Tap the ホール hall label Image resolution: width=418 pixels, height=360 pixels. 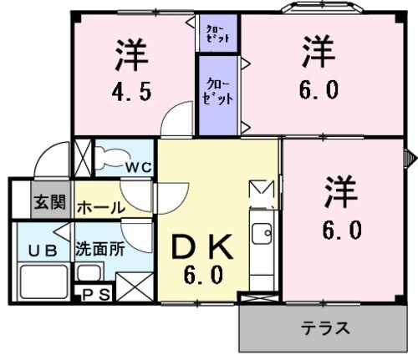(100, 208)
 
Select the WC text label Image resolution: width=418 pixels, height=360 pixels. (138, 167)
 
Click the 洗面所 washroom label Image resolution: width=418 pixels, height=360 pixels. (99, 248)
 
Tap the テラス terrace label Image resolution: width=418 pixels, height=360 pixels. (324, 327)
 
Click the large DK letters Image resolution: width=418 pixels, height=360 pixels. (200, 247)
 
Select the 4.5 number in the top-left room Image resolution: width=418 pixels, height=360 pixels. (133, 93)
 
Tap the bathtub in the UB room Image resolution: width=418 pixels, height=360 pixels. (41, 281)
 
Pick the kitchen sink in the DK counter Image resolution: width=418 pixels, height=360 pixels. (261, 231)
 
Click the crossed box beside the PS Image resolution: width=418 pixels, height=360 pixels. (134, 286)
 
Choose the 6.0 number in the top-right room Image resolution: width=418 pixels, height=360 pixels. (319, 90)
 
